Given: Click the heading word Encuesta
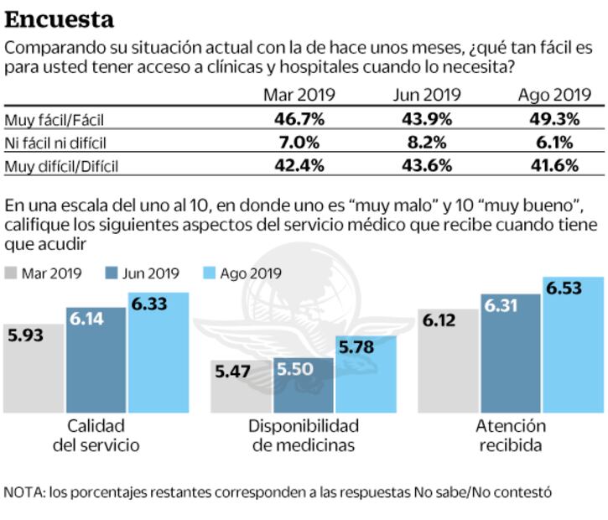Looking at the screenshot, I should coord(60,18).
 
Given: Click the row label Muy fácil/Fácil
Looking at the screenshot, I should coord(56,120).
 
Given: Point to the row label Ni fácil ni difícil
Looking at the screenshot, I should coord(55,143).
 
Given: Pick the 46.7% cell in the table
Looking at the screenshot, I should coord(300,119).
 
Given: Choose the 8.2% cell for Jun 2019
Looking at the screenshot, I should coord(424,142).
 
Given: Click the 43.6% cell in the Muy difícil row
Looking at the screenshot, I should coord(424,165).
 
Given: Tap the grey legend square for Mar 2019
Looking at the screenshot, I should coord(11,273).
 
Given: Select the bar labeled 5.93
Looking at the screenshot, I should coord(33,369).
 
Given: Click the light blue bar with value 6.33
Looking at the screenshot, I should coord(158,352).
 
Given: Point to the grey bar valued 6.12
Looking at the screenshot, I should coord(449,361).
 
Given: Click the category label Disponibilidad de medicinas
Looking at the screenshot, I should coord(304,434).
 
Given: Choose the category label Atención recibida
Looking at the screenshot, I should coord(512,434).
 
